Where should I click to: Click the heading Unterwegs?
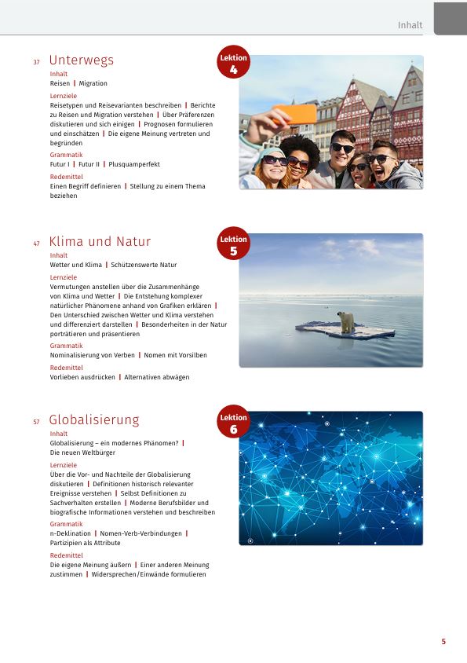pos(81,60)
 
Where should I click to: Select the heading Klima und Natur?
pos(100,242)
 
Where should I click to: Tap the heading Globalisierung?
pos(94,420)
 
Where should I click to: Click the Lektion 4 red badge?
pos(233,64)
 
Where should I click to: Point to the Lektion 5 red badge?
pos(233,245)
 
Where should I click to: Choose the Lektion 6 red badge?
pos(233,423)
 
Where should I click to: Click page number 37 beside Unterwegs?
pos(36,62)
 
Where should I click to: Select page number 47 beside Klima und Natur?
pos(36,244)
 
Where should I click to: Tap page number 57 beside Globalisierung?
pos(36,422)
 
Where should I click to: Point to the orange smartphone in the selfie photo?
pos(300,114)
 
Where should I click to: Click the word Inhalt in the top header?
pos(410,25)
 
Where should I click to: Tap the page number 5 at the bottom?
pos(443,642)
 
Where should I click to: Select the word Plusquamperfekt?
pos(134,164)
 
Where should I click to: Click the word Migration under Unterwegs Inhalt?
pos(93,83)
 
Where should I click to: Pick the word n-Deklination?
pos(70,533)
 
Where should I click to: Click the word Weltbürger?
pos(97,452)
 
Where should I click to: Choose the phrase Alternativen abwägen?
pos(157,377)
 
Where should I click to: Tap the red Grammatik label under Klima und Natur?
pos(66,346)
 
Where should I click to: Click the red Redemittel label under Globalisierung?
pos(66,555)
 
